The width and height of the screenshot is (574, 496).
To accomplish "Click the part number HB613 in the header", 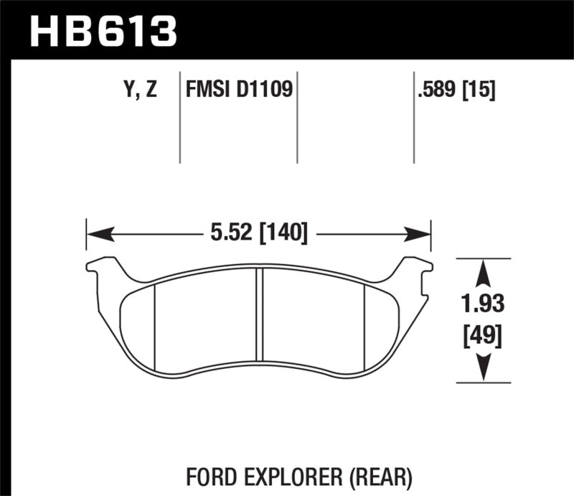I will click(103, 31).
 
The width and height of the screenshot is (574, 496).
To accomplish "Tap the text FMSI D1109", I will click(239, 91).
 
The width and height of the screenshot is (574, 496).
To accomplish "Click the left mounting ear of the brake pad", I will click(98, 267).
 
